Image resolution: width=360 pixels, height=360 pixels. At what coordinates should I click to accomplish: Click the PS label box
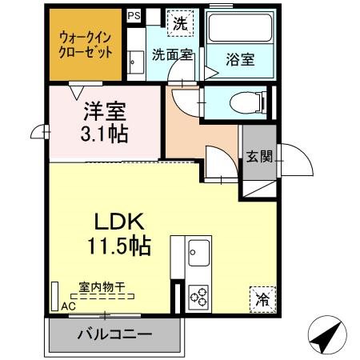[x=134, y=15]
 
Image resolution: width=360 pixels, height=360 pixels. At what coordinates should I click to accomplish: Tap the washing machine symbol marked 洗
[x=180, y=23]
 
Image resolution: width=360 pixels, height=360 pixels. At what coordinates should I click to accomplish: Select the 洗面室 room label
[x=172, y=54]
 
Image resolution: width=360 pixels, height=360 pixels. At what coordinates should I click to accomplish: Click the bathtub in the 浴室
[x=240, y=28]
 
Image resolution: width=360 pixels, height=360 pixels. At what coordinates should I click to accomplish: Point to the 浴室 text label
[x=240, y=59]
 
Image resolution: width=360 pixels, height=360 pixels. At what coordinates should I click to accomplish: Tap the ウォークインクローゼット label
[x=86, y=44]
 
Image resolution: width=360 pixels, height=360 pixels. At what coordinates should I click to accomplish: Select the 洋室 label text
[x=105, y=111]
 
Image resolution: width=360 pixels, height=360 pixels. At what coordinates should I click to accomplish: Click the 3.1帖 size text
[x=104, y=133]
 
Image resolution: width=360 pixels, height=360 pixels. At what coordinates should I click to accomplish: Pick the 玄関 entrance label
[x=259, y=156]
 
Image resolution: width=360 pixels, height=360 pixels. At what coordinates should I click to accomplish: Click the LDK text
[x=120, y=221]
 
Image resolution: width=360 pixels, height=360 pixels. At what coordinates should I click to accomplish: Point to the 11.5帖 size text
[x=119, y=246]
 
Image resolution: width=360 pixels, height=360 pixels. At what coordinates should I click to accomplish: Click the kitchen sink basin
[x=198, y=253]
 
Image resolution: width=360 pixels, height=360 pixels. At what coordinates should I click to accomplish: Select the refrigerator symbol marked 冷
[x=262, y=299]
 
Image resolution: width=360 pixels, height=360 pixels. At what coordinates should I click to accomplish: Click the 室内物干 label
[x=102, y=287]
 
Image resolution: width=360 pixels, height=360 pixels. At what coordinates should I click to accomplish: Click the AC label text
[x=68, y=306]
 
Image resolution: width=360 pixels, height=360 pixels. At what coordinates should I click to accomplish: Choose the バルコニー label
[x=114, y=334]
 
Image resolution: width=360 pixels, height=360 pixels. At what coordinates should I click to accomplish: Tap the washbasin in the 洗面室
[x=136, y=62]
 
